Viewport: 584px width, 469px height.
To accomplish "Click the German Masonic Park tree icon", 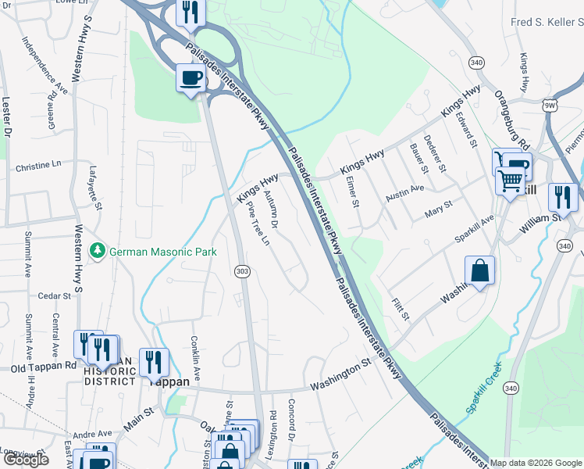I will pyautogui.click(x=98, y=251).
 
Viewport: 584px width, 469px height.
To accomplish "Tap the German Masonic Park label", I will pyautogui.click(x=162, y=252).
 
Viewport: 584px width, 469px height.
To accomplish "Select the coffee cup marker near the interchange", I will pyautogui.click(x=191, y=78).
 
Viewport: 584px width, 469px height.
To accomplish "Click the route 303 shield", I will pyautogui.click(x=241, y=270).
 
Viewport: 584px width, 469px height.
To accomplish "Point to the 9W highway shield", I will pyautogui.click(x=550, y=104).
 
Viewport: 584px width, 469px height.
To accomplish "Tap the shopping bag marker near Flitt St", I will pyautogui.click(x=479, y=271).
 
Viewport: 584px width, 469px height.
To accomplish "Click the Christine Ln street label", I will pyautogui.click(x=37, y=166).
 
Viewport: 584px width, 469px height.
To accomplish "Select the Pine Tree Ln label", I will pyautogui.click(x=258, y=224).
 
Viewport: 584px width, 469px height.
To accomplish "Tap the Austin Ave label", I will pyautogui.click(x=405, y=190).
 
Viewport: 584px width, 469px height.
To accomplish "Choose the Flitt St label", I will pyautogui.click(x=401, y=306).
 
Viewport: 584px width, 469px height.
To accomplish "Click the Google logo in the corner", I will pyautogui.click(x=27, y=460).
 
